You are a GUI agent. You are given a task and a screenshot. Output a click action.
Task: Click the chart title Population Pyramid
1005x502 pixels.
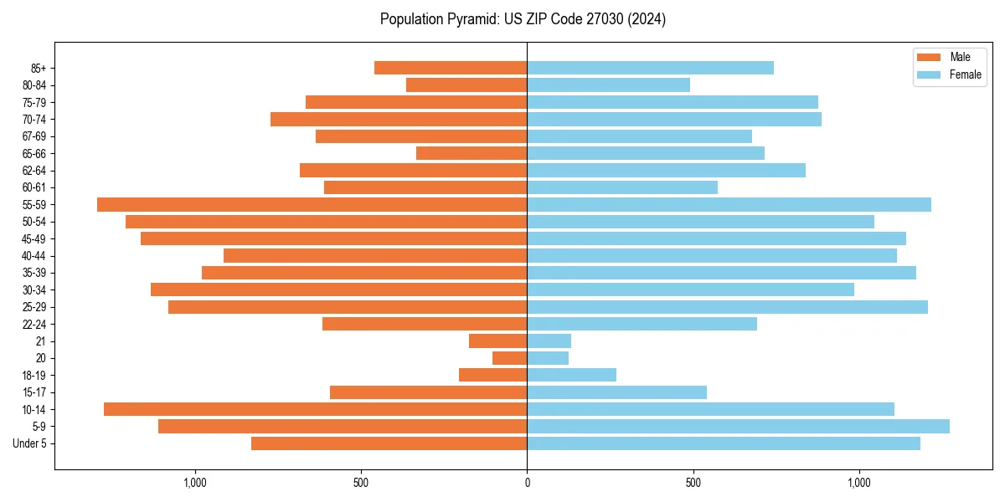click(523, 19)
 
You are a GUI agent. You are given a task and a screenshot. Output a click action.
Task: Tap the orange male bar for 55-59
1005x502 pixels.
click(312, 205)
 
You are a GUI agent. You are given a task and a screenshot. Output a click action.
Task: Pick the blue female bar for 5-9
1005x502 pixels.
click(738, 427)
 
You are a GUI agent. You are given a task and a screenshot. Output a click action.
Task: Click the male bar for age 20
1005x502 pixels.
click(509, 358)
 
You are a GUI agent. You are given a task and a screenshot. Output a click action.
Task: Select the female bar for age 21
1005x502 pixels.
click(549, 341)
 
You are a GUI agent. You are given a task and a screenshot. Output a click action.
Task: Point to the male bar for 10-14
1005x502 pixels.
click(315, 409)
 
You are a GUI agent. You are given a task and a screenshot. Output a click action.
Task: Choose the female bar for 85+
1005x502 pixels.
click(650, 68)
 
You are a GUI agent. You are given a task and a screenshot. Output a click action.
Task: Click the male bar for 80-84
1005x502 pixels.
click(466, 85)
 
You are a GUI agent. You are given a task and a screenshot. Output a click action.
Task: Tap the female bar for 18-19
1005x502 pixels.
click(571, 375)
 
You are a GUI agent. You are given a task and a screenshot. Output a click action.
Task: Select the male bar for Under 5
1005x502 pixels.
click(389, 443)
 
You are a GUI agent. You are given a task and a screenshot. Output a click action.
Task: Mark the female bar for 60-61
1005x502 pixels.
click(622, 187)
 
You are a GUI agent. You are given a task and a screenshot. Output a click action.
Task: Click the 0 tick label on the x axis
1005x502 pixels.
click(527, 483)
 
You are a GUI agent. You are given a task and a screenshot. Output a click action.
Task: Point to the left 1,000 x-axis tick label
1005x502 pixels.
click(194, 483)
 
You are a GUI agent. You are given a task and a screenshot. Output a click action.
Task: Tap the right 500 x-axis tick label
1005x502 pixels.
click(693, 483)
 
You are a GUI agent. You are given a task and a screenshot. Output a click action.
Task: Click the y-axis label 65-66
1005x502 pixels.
click(34, 154)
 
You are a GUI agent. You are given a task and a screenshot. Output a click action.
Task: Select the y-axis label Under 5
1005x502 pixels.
click(30, 443)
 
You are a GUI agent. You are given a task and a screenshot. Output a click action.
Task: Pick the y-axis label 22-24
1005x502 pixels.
click(34, 325)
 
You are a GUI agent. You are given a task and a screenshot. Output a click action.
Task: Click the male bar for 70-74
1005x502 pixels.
click(399, 120)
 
